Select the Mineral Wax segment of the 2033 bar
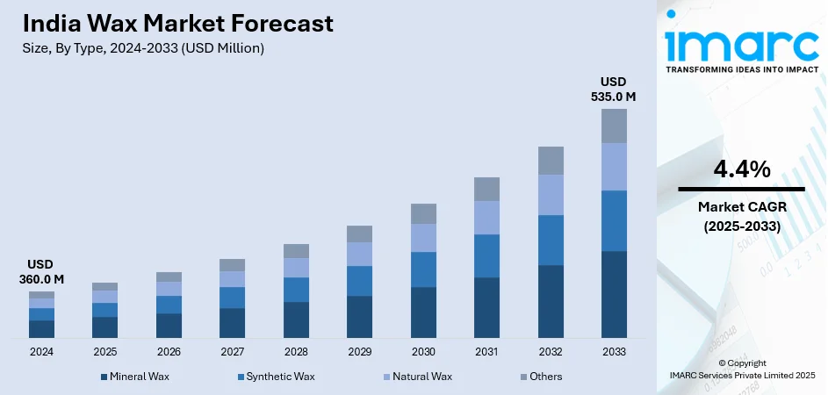point(614,294)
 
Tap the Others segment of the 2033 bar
point(614,126)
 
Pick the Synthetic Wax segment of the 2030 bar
point(423,269)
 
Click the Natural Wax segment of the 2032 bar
point(551,195)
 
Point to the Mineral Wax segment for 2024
point(41,329)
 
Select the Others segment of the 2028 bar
point(296,251)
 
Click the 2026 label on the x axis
point(169,351)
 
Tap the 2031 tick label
point(486,351)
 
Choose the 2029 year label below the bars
point(359,351)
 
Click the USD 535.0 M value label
point(613,89)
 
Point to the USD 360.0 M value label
point(41,272)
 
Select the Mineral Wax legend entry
point(135,377)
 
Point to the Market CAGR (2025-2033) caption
point(741,215)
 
